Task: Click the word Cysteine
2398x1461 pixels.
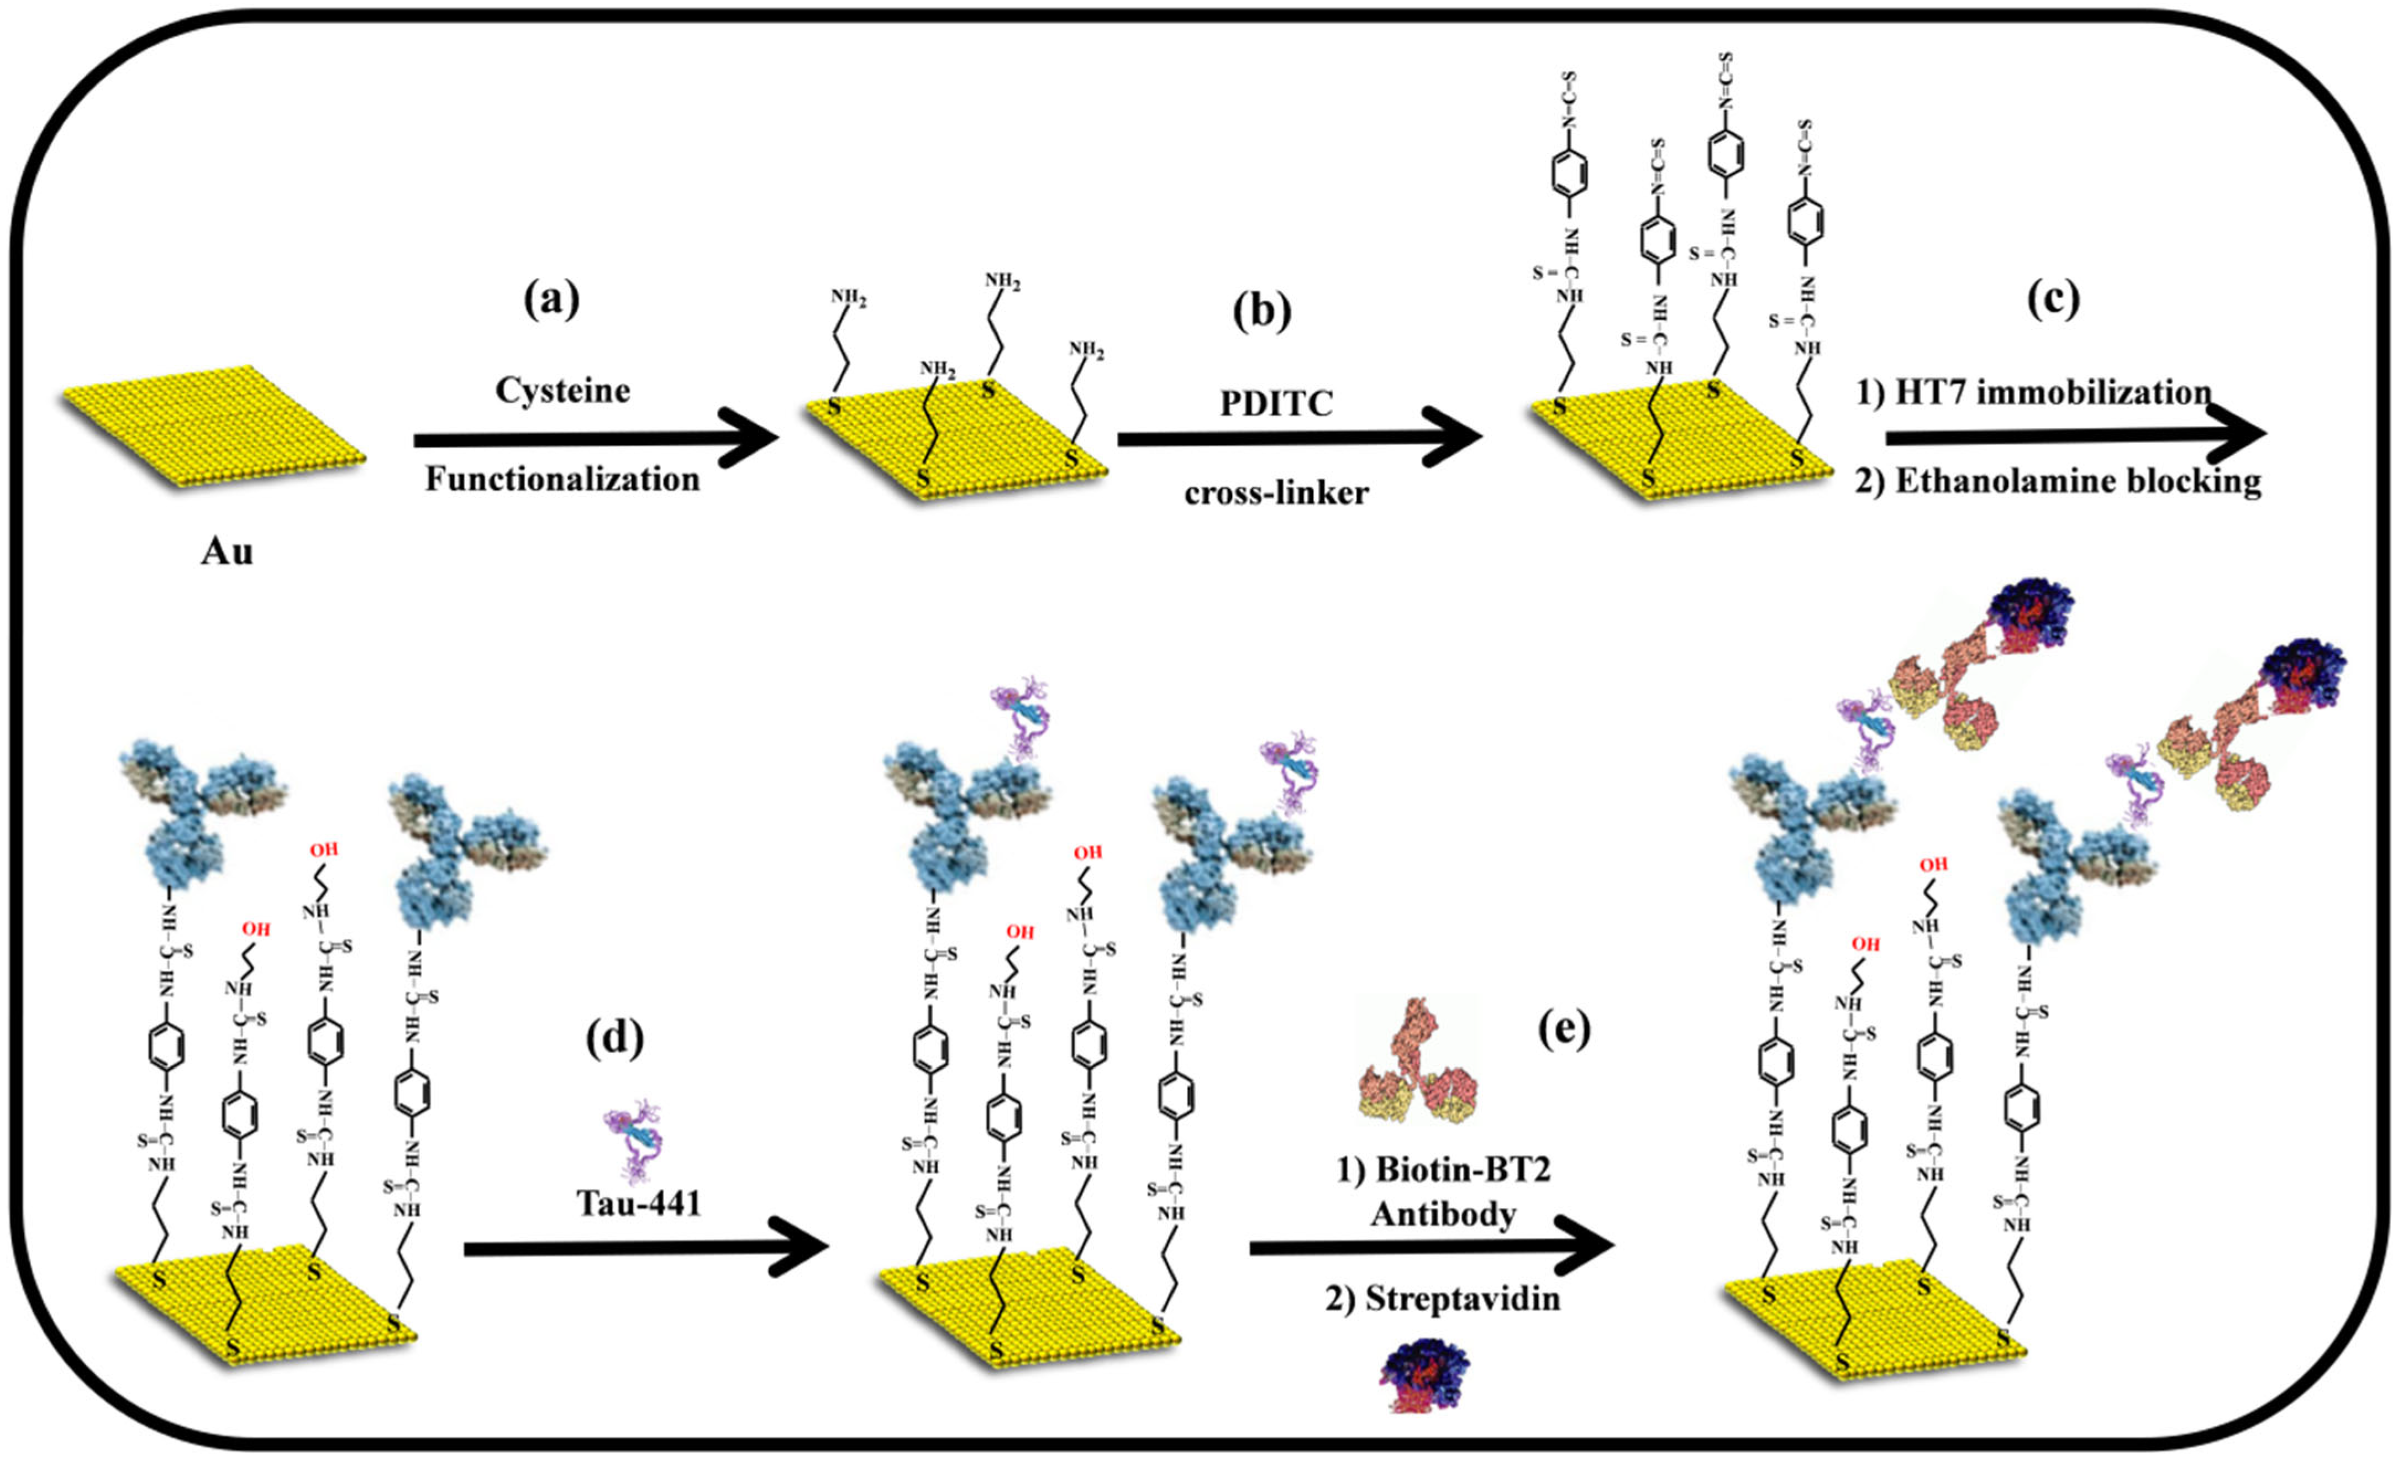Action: click(562, 390)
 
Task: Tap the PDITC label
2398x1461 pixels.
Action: click(1276, 403)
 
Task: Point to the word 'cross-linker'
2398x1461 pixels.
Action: click(1276, 492)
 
